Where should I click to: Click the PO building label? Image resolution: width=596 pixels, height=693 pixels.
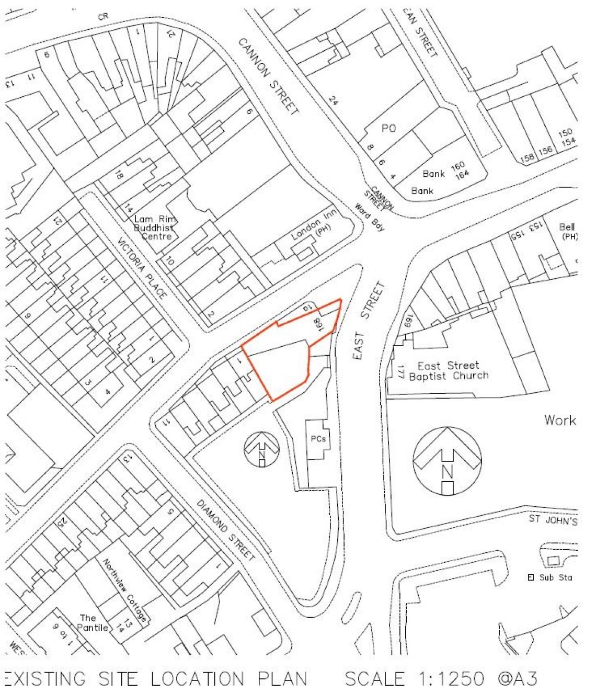388,128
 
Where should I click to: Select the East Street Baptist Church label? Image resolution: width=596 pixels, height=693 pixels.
449,371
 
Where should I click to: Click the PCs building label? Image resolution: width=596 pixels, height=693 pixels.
318,439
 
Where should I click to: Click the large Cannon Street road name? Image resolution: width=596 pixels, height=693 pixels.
269,76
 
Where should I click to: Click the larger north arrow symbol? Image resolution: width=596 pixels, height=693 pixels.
447,461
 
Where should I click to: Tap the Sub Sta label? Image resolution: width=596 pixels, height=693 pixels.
555,577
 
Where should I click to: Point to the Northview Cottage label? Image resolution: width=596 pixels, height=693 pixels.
124,590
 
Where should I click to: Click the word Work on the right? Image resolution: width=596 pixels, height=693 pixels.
559,420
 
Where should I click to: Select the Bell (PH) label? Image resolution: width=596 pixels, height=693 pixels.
568,231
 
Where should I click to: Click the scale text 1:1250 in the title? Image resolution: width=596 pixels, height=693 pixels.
451,678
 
